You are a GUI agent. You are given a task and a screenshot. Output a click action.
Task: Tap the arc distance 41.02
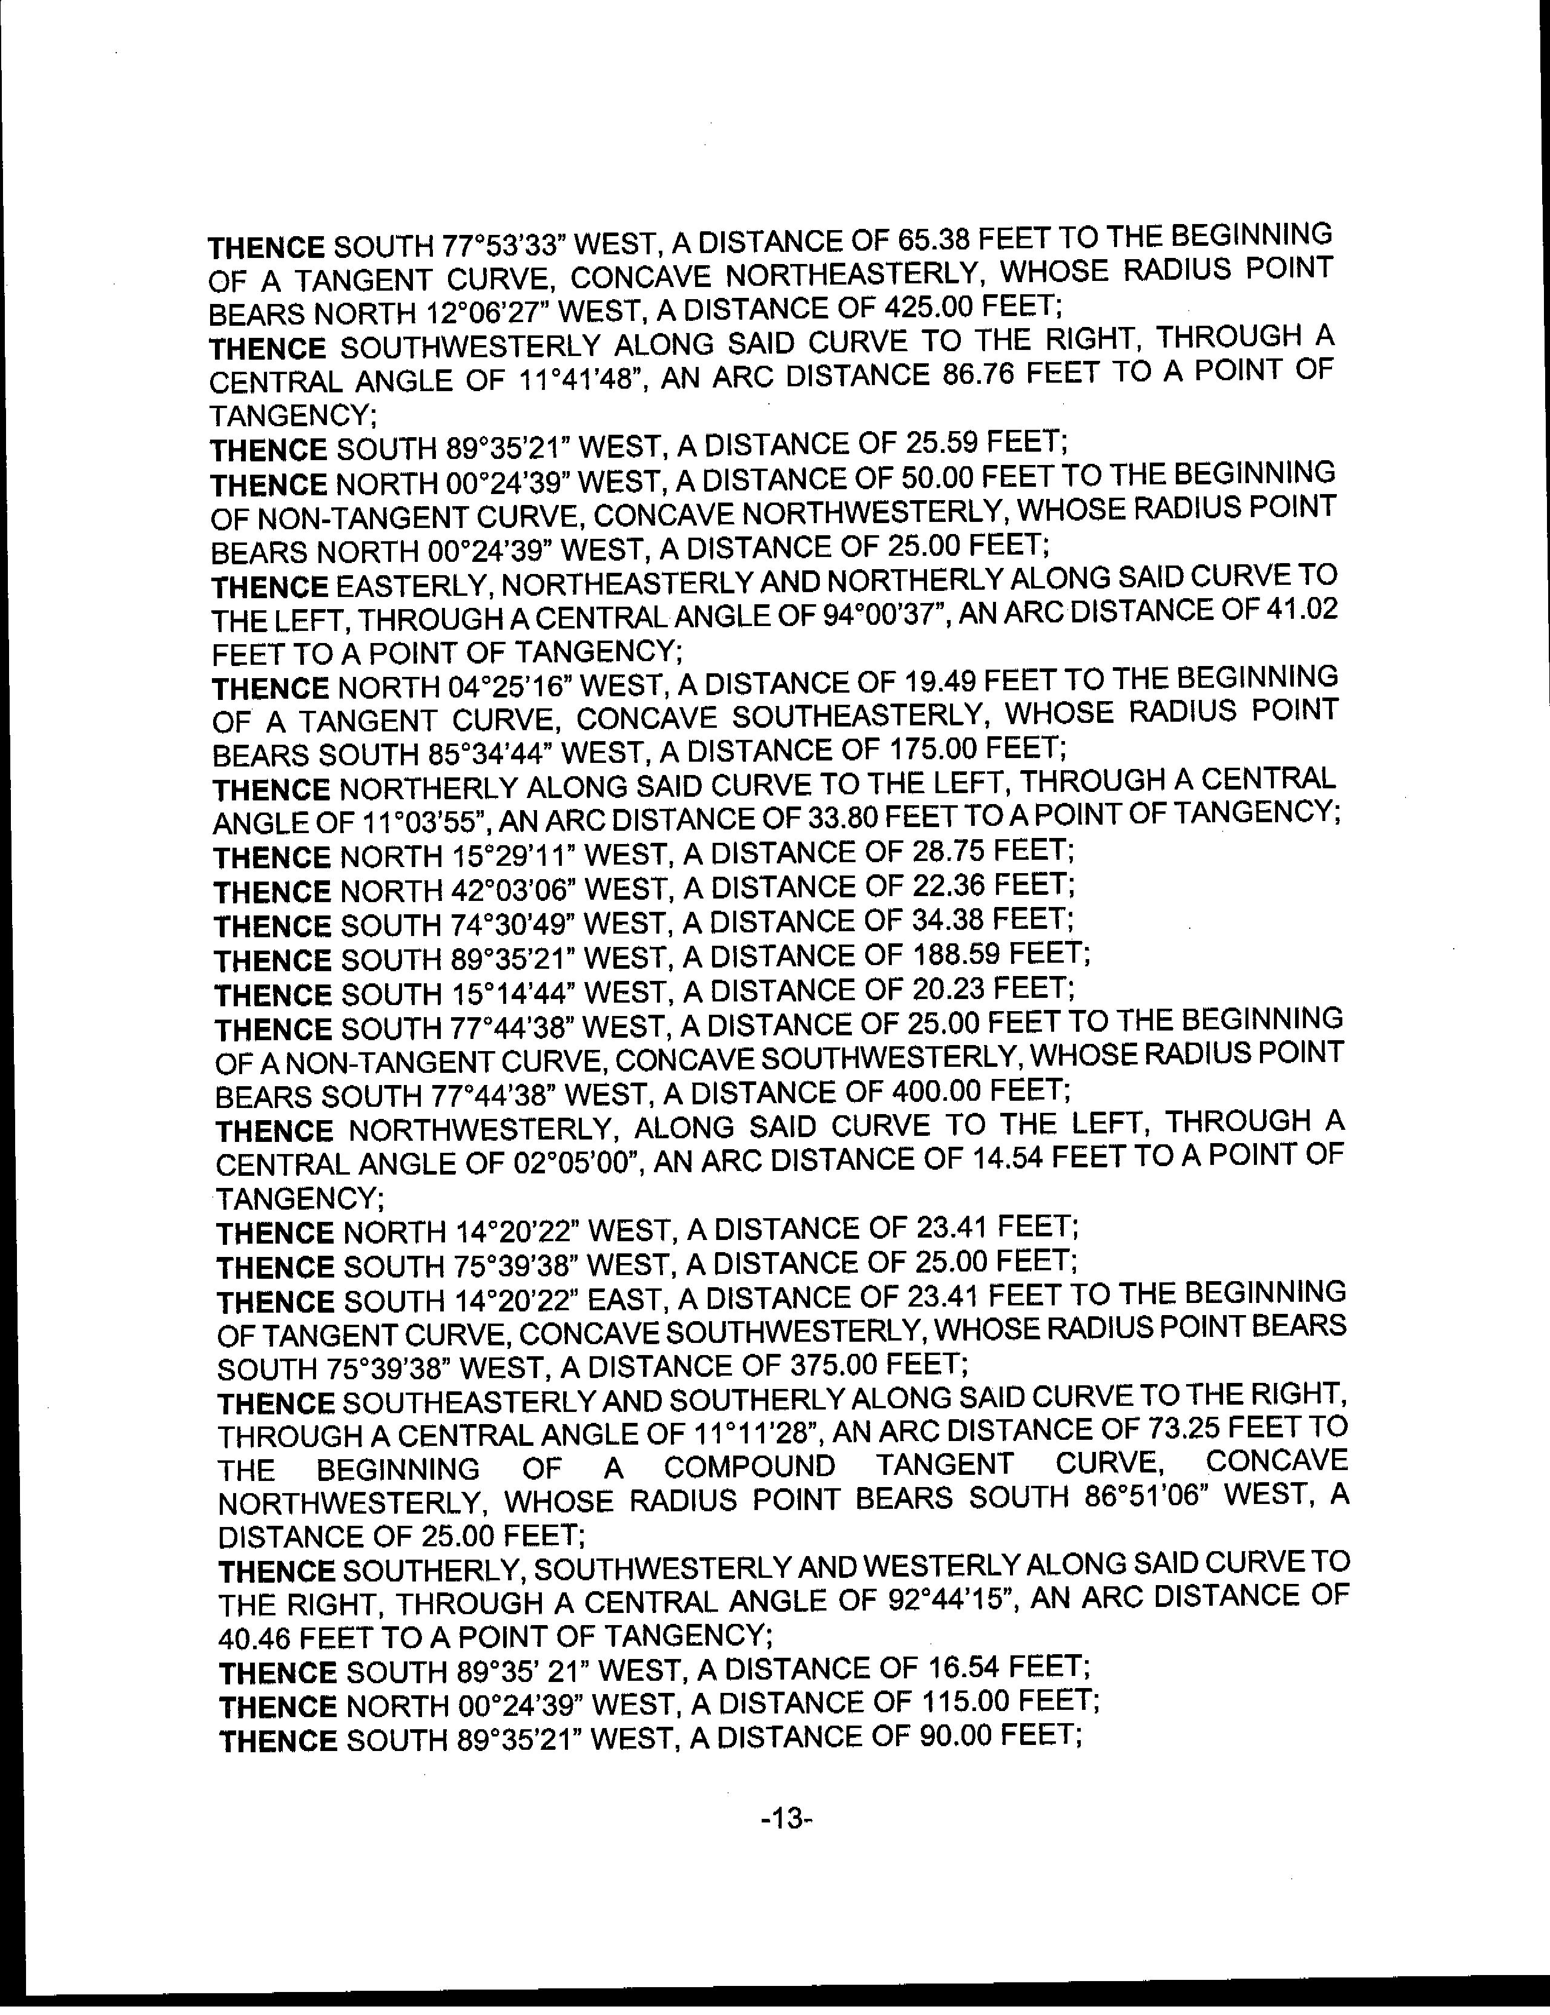(x=1303, y=609)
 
